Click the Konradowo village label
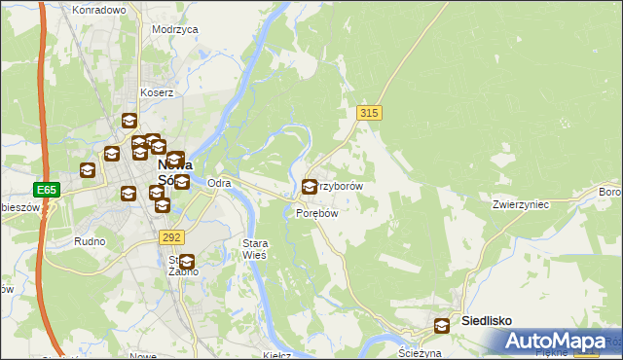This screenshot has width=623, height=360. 99,10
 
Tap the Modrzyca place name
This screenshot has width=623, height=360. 175,29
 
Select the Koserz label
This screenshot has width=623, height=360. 156,93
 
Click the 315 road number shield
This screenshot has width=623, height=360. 369,114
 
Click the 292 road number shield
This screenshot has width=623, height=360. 172,236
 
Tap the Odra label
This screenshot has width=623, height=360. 219,183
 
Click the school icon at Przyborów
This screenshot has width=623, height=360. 311,186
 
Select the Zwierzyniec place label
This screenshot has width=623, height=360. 522,204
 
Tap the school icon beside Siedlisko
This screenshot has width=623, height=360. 443,326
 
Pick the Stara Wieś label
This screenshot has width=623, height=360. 254,248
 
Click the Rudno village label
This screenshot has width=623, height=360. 89,239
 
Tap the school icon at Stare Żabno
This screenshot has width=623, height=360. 187,260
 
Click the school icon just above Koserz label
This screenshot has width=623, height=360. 129,121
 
